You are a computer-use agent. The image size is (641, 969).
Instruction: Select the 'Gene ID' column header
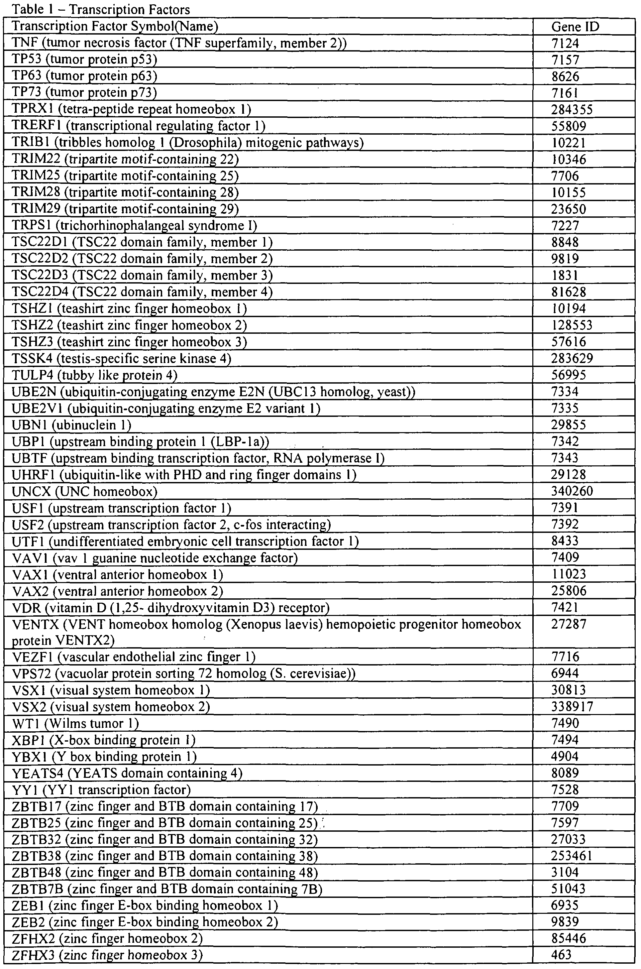point(575,27)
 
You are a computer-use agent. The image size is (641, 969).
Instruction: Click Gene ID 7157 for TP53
point(565,60)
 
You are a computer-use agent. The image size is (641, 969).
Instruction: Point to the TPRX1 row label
point(131,109)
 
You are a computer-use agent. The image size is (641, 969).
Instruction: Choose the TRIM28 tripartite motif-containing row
point(125,192)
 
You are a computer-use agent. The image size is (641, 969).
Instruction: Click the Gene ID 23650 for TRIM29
point(569,209)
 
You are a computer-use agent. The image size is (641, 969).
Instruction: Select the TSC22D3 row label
point(142,275)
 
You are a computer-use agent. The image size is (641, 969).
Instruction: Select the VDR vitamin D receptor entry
point(171,608)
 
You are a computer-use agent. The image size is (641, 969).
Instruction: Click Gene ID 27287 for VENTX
point(569,624)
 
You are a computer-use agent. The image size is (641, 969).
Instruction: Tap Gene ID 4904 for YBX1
point(565,756)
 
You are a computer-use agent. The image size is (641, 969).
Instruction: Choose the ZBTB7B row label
point(167,889)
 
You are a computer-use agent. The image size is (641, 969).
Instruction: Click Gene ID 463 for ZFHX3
point(561,955)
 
